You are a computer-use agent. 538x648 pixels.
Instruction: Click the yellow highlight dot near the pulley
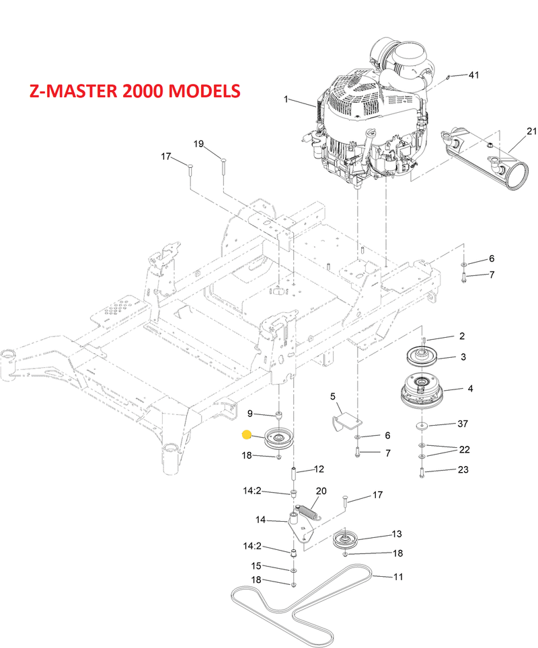247,434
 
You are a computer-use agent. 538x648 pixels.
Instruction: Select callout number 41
473,75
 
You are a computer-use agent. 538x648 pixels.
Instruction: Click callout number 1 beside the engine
286,99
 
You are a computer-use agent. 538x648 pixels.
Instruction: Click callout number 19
198,144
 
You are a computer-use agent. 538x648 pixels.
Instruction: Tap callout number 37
462,424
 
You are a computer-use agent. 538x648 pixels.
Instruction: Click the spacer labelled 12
293,473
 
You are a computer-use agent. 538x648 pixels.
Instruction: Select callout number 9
250,413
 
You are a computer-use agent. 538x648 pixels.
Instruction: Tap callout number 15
256,566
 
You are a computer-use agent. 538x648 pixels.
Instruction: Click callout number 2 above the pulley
462,336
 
